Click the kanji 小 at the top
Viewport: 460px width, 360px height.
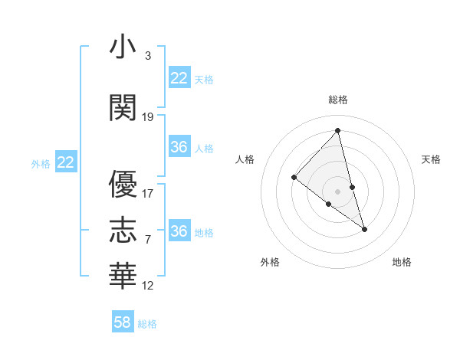pyautogui.click(x=123, y=47)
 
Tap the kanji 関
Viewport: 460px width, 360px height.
pyautogui.click(x=123, y=108)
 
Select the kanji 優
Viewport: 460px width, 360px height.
pyautogui.click(x=123, y=185)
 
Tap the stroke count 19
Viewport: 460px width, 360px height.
pyautogui.click(x=148, y=117)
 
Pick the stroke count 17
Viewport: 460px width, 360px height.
pyautogui.click(x=148, y=194)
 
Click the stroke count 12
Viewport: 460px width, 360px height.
pyautogui.click(x=148, y=286)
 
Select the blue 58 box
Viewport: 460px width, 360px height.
pyautogui.click(x=123, y=322)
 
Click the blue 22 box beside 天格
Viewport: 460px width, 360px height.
pyautogui.click(x=179, y=78)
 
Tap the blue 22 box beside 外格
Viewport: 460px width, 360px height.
pyautogui.click(x=66, y=162)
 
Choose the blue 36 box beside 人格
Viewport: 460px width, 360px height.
pyautogui.click(x=179, y=147)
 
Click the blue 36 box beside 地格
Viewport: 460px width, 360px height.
pyautogui.click(x=179, y=231)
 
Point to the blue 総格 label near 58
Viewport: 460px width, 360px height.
pyautogui.click(x=147, y=324)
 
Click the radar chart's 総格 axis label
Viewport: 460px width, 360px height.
pyautogui.click(x=337, y=100)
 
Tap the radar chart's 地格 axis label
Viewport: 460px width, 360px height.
pyautogui.click(x=402, y=262)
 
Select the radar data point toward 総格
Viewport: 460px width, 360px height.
pyautogui.click(x=337, y=130)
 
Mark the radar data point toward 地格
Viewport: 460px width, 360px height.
pyautogui.click(x=365, y=229)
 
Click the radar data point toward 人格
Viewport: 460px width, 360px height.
pyautogui.click(x=294, y=178)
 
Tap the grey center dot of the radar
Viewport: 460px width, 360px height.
pyautogui.click(x=337, y=191)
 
